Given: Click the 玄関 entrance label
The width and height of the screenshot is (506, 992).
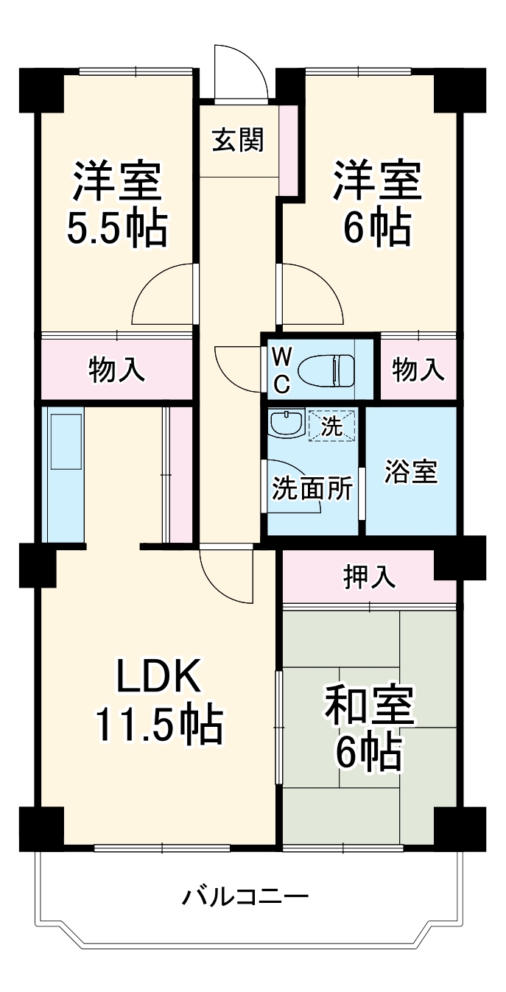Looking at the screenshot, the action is point(239,139).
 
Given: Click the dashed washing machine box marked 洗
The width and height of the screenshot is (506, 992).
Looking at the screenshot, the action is point(332,426).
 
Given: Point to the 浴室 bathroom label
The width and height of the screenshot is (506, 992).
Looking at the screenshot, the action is point(411,471).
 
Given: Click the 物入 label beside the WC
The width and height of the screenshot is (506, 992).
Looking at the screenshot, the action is point(418,370).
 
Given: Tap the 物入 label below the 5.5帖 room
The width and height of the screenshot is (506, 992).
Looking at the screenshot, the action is point(117,370).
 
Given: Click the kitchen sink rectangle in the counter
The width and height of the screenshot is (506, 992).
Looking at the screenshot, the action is point(66,442).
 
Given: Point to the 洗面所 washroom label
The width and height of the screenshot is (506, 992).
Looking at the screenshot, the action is point(312,488).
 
